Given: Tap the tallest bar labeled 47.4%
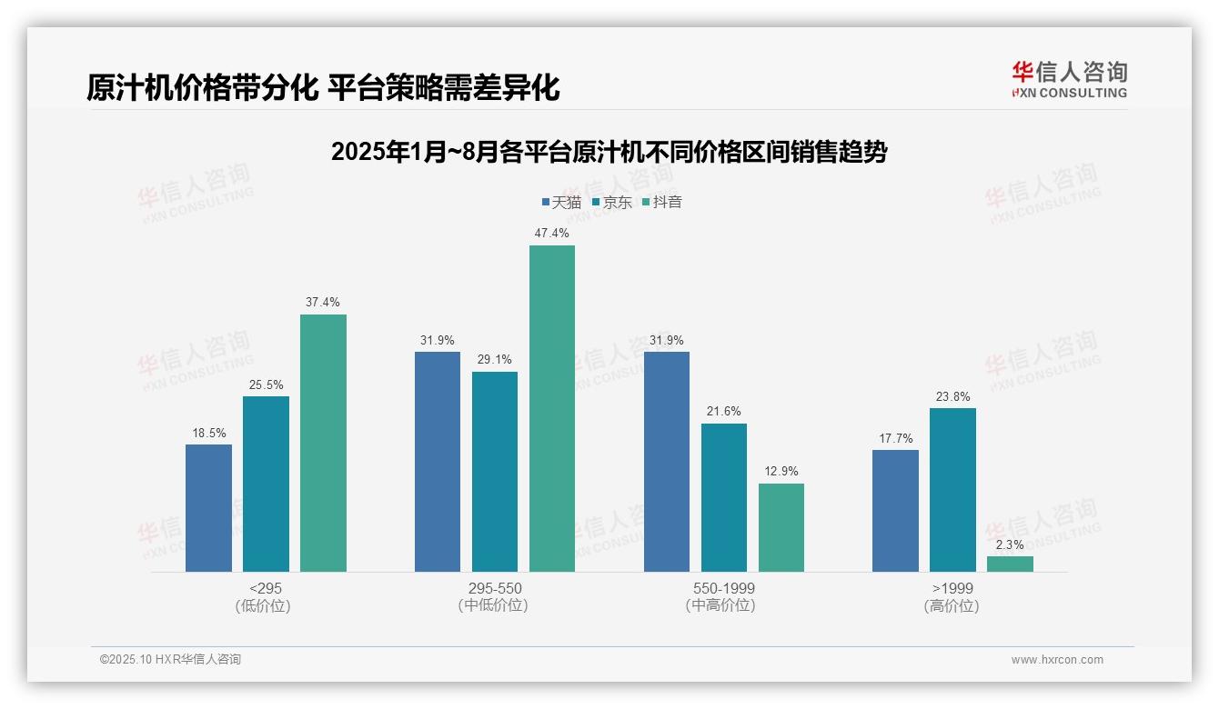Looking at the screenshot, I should [552, 408].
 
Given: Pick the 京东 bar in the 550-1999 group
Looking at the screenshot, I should [724, 497].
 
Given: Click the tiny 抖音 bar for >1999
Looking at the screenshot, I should [1010, 564].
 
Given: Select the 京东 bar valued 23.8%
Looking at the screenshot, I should [952, 490].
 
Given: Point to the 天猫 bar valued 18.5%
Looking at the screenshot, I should [208, 508].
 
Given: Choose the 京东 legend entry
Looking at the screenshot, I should [611, 202].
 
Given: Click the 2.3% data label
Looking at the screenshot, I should [1010, 544].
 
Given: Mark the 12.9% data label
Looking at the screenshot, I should [781, 471].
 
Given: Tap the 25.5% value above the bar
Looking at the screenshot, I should [266, 384].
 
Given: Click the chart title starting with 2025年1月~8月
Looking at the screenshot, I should [609, 152].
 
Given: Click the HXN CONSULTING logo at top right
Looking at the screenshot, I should [1069, 80].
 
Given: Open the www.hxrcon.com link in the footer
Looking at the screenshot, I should [1057, 659].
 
